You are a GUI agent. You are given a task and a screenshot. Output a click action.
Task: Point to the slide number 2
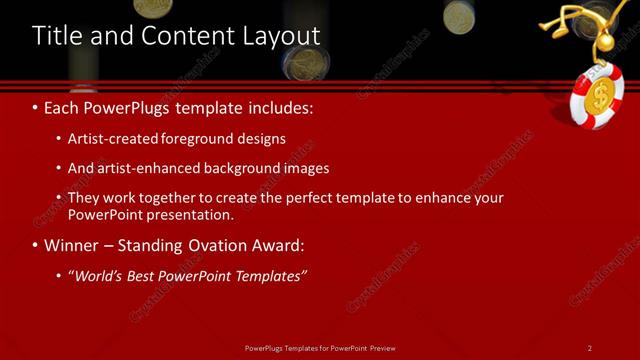click(590, 348)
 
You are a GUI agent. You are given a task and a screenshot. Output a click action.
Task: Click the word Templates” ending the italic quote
click(268, 276)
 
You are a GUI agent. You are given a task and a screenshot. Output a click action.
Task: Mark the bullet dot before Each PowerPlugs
click(36, 107)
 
